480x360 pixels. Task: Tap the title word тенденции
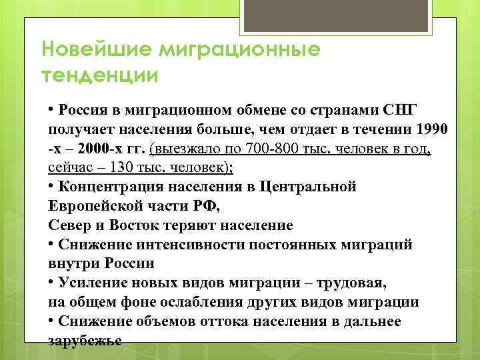pyautogui.click(x=100, y=75)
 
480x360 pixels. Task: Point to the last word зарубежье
pyautogui.click(x=85, y=340)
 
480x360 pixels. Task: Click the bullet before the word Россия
pyautogui.click(x=51, y=109)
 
